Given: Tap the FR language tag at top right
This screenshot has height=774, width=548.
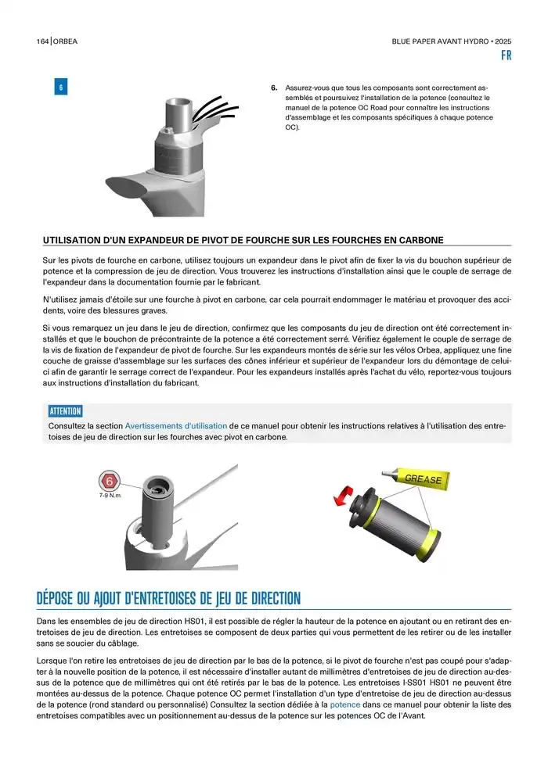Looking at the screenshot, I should (x=506, y=56).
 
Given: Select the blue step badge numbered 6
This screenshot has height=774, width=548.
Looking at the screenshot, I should (x=60, y=88).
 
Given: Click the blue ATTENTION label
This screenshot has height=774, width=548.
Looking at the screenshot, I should (x=65, y=411).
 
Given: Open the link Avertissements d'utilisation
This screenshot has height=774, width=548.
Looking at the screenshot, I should (x=176, y=425).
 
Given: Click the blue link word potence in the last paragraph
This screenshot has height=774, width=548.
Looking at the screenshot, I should (x=345, y=704).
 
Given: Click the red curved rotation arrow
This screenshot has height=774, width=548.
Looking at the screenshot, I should (x=340, y=497).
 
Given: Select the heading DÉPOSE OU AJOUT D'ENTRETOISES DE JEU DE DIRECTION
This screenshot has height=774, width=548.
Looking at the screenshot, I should (x=168, y=599).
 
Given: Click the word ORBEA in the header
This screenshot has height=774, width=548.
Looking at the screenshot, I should (x=66, y=41).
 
